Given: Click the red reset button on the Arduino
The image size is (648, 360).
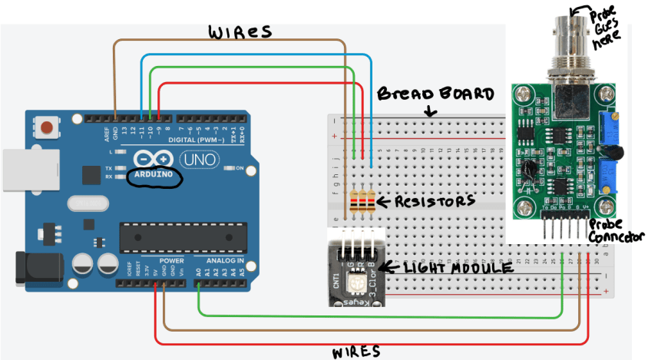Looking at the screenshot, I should coord(49,127).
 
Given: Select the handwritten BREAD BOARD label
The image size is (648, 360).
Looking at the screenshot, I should coord(435,94).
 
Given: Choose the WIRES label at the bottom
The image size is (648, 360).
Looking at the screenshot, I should coord(355,352).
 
